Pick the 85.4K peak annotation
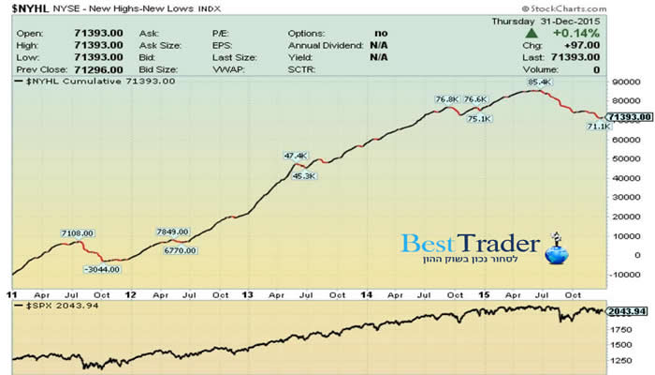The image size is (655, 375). point(539,82)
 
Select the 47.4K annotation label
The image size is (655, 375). point(295,156)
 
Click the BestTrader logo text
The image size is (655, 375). point(471,245)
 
